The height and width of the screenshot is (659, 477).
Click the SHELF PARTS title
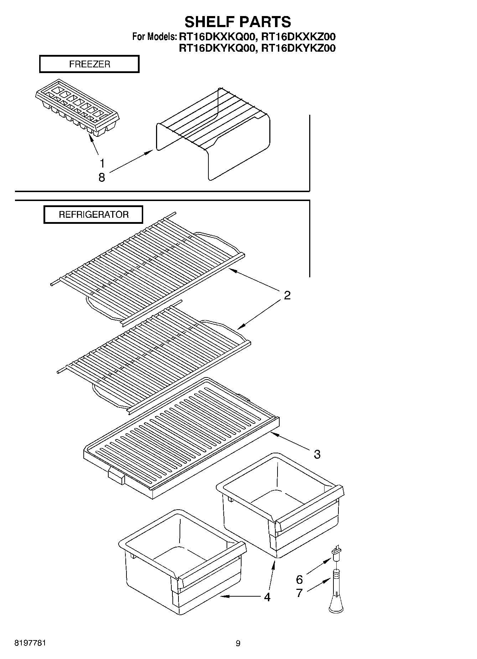tap(238, 22)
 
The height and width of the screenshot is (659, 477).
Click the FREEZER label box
tap(89, 65)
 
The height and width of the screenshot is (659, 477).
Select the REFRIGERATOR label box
tap(93, 215)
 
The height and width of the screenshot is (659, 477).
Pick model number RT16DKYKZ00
tap(298, 48)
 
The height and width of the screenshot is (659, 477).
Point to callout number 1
tap(102, 164)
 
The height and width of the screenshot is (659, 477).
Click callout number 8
tap(102, 177)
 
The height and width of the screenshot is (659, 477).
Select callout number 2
tap(287, 295)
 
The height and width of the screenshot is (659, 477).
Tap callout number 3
tap(317, 454)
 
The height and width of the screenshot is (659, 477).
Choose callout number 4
tap(267, 597)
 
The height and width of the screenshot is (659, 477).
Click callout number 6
tap(300, 580)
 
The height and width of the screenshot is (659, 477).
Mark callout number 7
tap(300, 593)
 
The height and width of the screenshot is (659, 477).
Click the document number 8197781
tap(30, 643)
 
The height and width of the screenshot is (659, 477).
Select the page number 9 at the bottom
tap(238, 643)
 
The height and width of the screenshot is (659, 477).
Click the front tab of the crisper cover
tap(116, 475)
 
